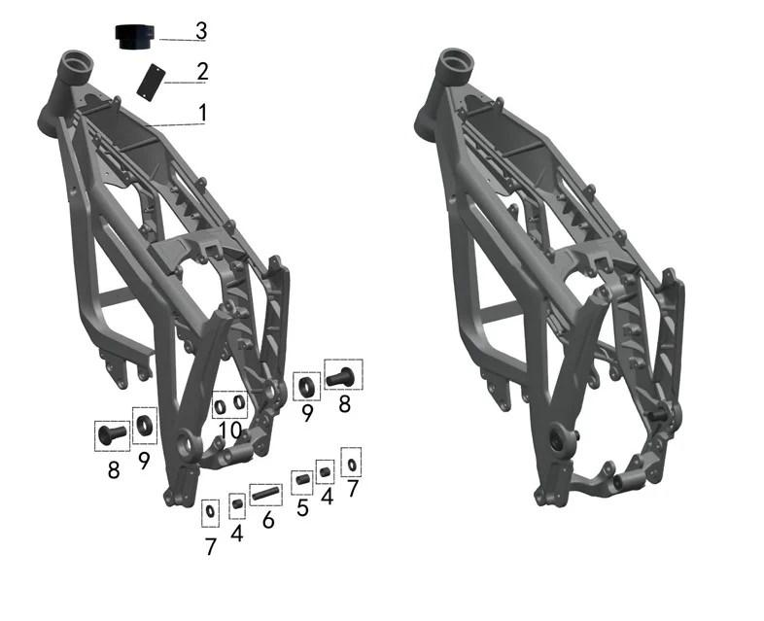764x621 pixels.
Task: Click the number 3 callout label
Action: (201, 31)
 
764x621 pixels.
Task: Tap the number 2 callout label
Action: (203, 71)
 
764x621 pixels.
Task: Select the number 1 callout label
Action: (203, 113)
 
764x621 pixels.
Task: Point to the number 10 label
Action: (230, 431)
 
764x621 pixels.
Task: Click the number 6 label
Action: (268, 520)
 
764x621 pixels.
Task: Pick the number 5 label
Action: (302, 507)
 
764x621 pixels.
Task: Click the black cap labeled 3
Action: (135, 37)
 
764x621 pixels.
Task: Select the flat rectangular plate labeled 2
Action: (151, 83)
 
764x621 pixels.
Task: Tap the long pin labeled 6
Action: (266, 494)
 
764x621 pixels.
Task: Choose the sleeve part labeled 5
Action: (302, 479)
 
